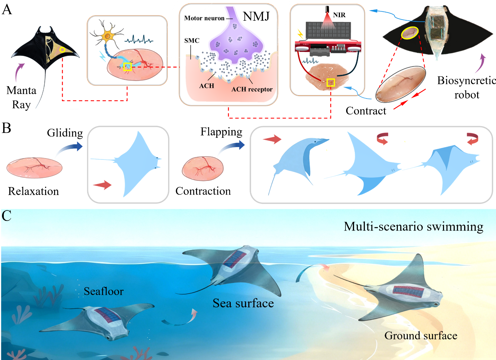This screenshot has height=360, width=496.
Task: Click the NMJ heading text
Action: [256, 17]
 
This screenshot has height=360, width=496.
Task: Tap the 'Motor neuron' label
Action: [204, 18]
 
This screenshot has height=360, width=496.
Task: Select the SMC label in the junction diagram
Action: [192, 41]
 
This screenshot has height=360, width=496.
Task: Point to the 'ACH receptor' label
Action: [252, 89]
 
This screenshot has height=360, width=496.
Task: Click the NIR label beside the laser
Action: [339, 15]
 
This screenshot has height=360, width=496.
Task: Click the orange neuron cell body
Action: [108, 36]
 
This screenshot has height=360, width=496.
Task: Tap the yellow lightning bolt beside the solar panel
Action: [300, 34]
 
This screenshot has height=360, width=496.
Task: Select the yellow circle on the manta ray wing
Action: [62, 50]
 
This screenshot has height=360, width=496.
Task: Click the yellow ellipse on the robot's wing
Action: [410, 33]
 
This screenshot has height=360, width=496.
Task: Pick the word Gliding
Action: [65, 133]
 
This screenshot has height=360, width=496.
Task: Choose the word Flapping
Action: [221, 132]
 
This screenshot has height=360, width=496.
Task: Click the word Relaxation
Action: [33, 191]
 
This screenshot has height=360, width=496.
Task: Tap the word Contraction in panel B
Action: [203, 191]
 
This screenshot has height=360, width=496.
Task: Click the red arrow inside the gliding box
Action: [102, 185]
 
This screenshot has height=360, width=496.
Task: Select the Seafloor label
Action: [104, 291]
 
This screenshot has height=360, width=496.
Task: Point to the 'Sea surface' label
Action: [243, 303]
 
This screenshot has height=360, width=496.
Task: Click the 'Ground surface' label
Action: [421, 336]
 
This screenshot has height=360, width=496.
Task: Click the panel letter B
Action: [7, 128]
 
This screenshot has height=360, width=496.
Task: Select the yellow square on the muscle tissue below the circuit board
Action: [331, 83]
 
